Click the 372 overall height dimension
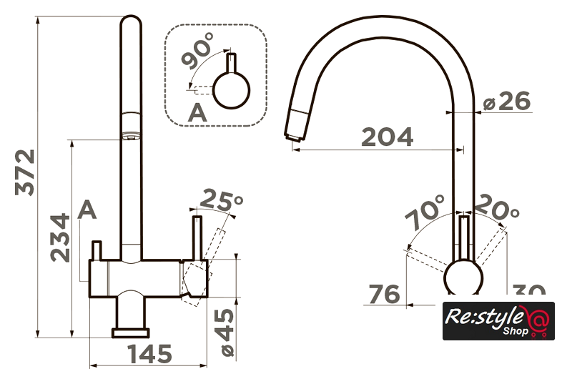pyautogui.click(x=26, y=172)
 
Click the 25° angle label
pyautogui.click(x=222, y=202)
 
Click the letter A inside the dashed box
pyautogui.click(x=197, y=112)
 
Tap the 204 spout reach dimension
pyautogui.click(x=387, y=137)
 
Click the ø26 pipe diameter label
pyautogui.click(x=507, y=102)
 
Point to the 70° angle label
pyautogui.click(x=424, y=212)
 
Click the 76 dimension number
pyautogui.click(x=384, y=294)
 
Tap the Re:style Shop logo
pyautogui.click(x=488, y=321)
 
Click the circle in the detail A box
pyautogui.click(x=233, y=92)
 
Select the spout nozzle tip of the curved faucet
pyautogui.click(x=295, y=129)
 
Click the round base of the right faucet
pyautogui.click(x=465, y=278)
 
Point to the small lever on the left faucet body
pyautogui.click(x=98, y=250)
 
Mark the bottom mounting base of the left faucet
pyautogui.click(x=131, y=331)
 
